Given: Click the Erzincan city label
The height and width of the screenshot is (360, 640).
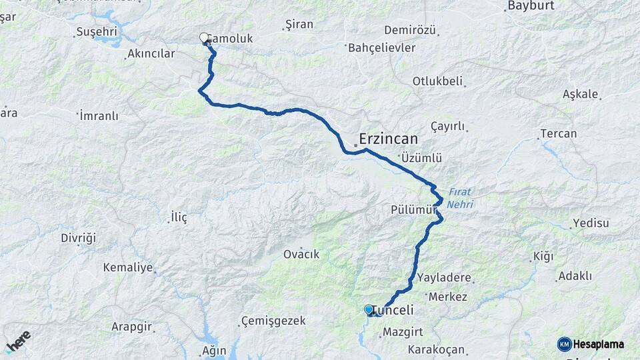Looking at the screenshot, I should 388,139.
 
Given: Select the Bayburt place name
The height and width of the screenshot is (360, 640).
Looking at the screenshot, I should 531,6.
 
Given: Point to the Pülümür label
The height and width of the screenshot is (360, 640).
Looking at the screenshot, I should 413,210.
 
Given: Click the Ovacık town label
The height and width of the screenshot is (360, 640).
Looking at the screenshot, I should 301,255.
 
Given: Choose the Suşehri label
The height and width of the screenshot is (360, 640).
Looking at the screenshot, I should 97,32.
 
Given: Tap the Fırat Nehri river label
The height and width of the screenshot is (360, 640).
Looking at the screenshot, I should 460,199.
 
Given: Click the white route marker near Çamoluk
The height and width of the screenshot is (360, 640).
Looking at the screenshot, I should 204,38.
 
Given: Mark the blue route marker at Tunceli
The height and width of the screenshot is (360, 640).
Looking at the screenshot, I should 369,309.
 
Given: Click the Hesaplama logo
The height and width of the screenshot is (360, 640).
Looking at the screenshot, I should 591,344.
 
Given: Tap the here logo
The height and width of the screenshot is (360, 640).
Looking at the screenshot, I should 18,341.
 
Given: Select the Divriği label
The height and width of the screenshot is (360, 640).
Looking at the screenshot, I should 79,238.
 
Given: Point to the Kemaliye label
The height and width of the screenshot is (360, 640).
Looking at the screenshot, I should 127,267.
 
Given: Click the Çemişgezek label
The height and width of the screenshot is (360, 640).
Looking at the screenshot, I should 273,321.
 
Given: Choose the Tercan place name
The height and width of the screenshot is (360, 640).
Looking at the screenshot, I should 559,133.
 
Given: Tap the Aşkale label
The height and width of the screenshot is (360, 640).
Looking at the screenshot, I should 580,94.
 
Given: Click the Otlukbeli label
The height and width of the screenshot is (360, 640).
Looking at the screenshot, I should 437,81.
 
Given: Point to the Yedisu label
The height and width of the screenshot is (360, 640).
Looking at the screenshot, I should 591,223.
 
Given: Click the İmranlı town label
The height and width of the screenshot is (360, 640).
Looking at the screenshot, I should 99,116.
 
